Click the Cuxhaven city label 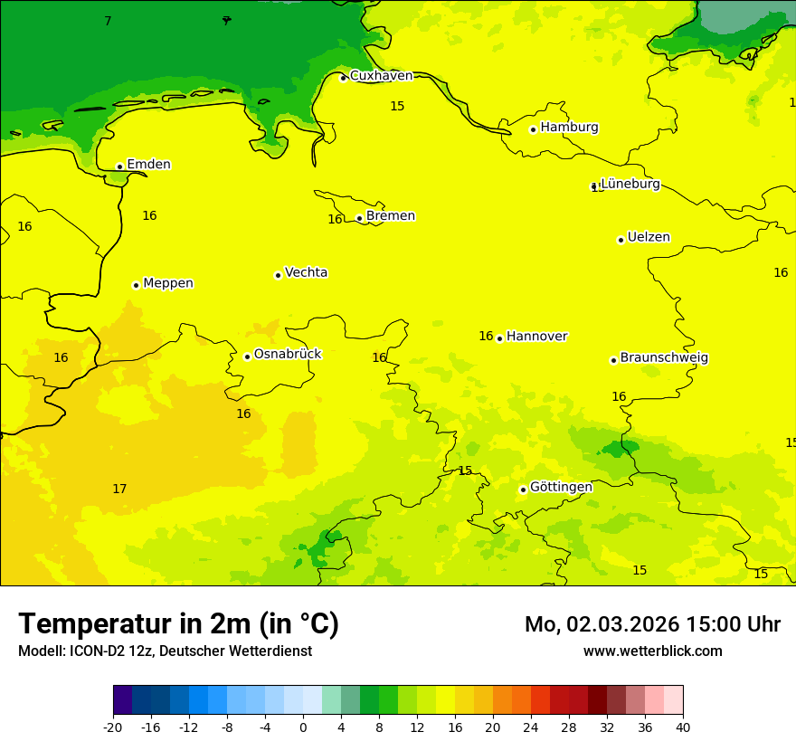coord(381,76)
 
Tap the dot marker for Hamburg coord(533,129)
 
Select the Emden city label coord(148,165)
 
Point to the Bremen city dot coord(359,218)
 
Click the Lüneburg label coord(630,185)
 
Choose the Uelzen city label coord(649,238)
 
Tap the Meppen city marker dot coord(136,285)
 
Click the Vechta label coord(306,273)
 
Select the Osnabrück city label coord(288,355)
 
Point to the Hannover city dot coord(499,338)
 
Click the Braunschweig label coord(664,358)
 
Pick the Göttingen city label coord(561,488)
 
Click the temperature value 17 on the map coord(119,490)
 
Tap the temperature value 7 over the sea coord(108,21)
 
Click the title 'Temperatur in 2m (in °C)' coord(178,624)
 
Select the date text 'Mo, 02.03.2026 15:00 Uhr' coord(652,624)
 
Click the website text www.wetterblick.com coord(652,651)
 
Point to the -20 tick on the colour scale coord(113,727)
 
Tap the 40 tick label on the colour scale coord(682,727)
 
